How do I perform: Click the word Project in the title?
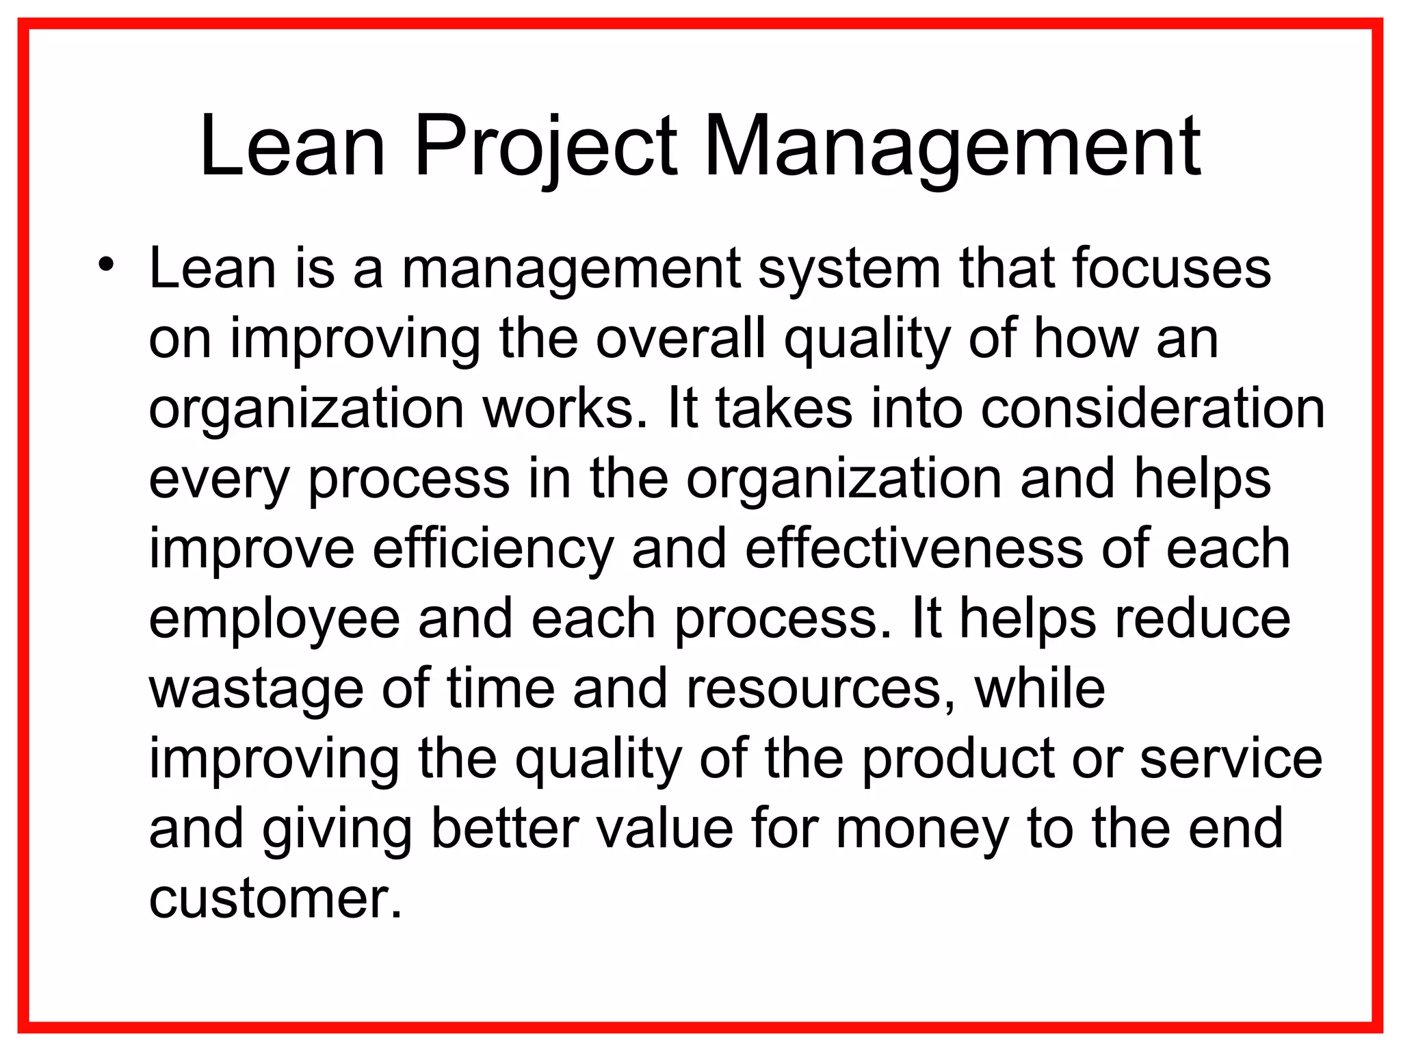pos(546,146)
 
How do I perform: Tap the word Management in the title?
pos(952,146)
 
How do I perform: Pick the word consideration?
pos(1153,408)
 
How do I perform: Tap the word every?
pos(219,479)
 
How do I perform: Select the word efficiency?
pos(493,549)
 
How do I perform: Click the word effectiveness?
pos(914,549)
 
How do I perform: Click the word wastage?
pos(256,689)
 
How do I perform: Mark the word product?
pos(958,760)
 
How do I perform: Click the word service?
pos(1231,760)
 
